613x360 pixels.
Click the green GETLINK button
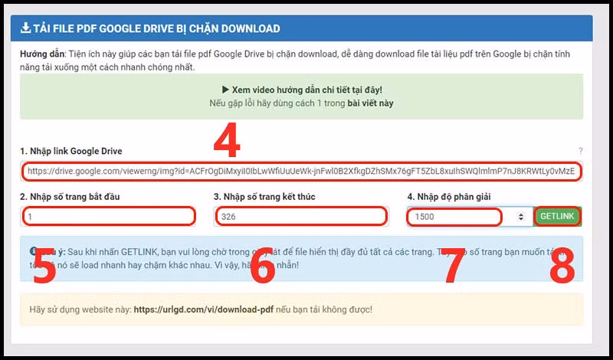(x=557, y=217)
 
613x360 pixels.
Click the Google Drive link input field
(x=300, y=172)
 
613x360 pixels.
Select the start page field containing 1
(x=108, y=217)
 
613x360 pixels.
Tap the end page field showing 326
(x=300, y=217)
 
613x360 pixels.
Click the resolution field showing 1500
(x=454, y=217)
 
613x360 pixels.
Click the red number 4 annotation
(x=227, y=141)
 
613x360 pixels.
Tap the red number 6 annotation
(x=263, y=266)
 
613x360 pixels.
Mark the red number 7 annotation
(x=454, y=266)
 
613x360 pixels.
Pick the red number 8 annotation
(x=562, y=266)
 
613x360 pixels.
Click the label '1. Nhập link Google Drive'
(x=71, y=151)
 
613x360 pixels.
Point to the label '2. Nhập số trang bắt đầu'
(x=70, y=197)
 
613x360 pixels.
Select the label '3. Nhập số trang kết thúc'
(x=264, y=197)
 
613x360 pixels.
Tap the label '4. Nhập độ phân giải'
(x=448, y=197)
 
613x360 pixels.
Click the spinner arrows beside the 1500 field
(x=522, y=217)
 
